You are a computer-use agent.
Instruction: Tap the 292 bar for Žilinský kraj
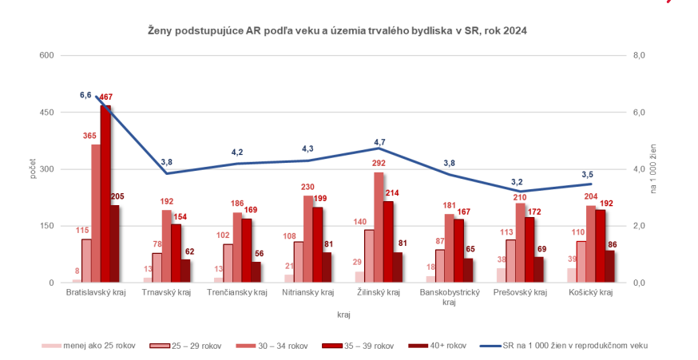click(x=379, y=227)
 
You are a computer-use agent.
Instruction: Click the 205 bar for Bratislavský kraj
click(x=115, y=243)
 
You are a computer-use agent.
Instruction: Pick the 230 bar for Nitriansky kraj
click(x=308, y=239)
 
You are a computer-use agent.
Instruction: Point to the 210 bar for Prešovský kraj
click(x=520, y=243)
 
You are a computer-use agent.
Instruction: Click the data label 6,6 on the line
click(x=86, y=95)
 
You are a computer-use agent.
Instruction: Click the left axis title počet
click(x=33, y=168)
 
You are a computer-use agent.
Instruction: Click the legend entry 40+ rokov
click(x=441, y=346)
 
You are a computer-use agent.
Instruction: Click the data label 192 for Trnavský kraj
click(x=166, y=202)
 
